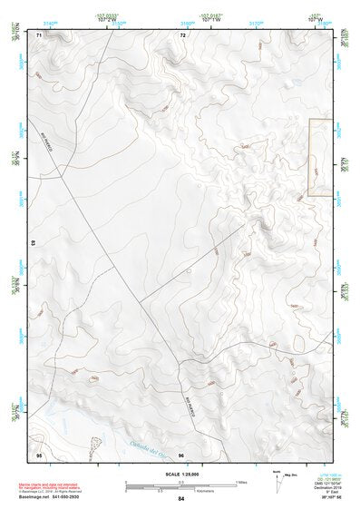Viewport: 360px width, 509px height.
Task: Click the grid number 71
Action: coord(39,34)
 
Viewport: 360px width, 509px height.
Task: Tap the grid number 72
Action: coord(182,34)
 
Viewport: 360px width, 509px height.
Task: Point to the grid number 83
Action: coord(34,243)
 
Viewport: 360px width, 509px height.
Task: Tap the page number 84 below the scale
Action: coord(181,499)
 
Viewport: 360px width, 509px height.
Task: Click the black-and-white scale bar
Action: coord(181,482)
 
